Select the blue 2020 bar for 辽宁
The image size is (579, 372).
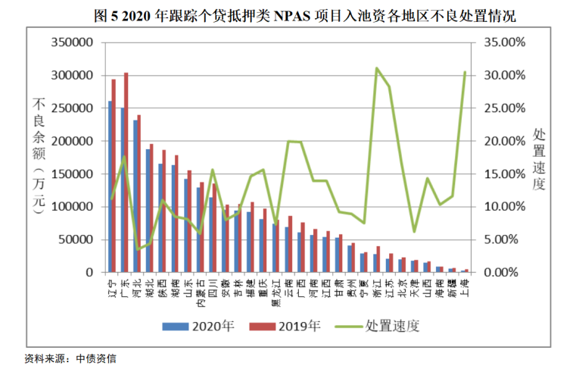point(111,186)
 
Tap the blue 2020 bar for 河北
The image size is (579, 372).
point(135,196)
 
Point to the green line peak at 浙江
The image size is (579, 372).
point(376,68)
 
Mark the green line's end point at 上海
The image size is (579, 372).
point(465,72)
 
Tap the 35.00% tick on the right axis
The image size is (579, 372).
point(502,42)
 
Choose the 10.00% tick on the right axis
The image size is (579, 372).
point(502,207)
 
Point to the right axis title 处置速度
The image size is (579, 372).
point(539,158)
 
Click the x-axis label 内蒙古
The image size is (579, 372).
point(200,290)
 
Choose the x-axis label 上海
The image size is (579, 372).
point(465,285)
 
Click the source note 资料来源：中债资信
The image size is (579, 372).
point(70,358)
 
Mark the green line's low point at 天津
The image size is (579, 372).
point(414,231)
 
